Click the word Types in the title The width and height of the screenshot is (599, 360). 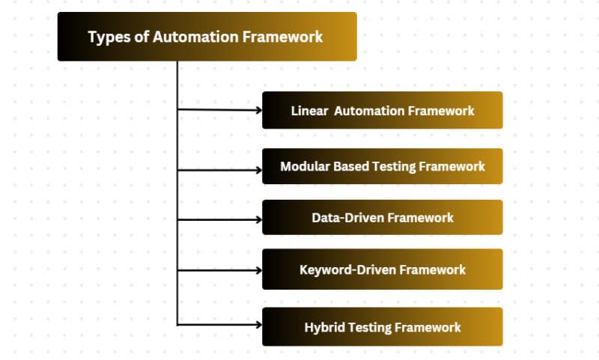tap(106, 37)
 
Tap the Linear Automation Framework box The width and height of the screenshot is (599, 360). tap(382, 110)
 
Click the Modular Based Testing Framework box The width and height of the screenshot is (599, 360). tap(382, 166)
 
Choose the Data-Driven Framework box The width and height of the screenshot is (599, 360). tap(382, 218)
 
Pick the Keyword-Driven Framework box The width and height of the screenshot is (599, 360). tap(382, 269)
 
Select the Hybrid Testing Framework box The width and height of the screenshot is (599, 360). tap(382, 327)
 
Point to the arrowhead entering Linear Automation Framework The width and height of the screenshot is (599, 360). tap(258, 110)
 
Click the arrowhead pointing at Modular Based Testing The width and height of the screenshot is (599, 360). tap(258, 169)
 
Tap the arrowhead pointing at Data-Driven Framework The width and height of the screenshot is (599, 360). tap(258, 220)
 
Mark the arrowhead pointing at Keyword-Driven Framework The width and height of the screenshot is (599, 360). tap(258, 272)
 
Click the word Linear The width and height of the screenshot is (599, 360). tap(308, 111)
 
